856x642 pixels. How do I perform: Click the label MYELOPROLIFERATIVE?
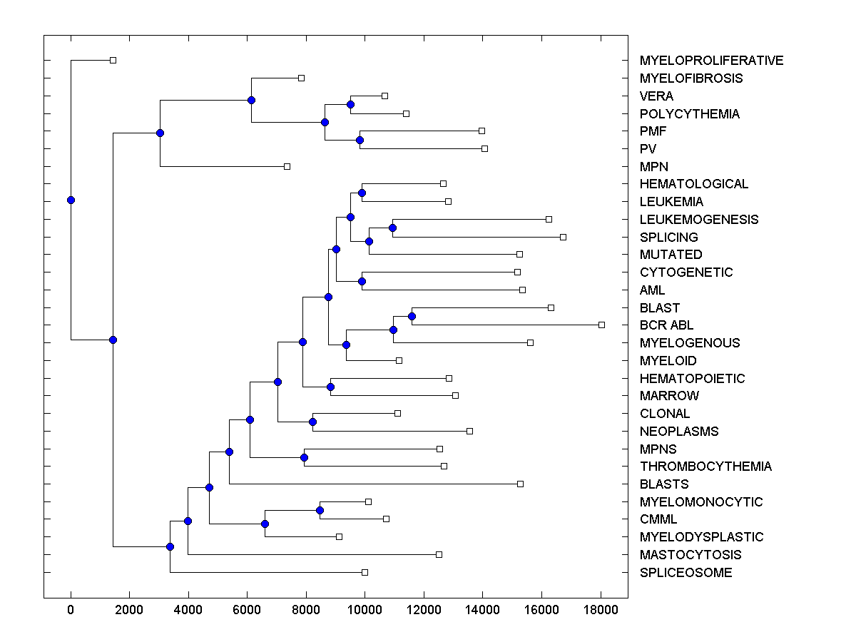coord(711,61)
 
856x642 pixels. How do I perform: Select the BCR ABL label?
coord(666,325)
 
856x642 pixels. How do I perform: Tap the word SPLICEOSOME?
coord(686,573)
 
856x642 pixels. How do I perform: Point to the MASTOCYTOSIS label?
coord(691,555)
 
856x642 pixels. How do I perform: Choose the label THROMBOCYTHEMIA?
coord(705,467)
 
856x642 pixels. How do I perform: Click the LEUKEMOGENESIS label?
coord(699,220)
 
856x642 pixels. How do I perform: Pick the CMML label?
coord(658,519)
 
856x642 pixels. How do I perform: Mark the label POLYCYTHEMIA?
coord(689,114)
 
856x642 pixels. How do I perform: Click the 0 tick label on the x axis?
coord(71,608)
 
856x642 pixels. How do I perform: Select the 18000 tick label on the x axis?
coord(600,608)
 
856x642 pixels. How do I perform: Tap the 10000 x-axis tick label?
coord(365,608)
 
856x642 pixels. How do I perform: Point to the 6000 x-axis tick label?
coord(247,608)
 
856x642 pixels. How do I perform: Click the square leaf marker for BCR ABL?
coord(601,325)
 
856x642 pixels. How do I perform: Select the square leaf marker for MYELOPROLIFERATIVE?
coord(113,60)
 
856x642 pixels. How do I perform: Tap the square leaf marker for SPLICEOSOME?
coord(365,572)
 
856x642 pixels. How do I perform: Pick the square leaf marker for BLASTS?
coord(520,484)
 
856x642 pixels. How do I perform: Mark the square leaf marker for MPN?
coord(287,166)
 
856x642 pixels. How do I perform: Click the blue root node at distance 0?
coord(71,200)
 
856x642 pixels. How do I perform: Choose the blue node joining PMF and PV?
coord(360,140)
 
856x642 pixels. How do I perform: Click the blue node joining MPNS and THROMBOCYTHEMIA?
coord(305,457)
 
